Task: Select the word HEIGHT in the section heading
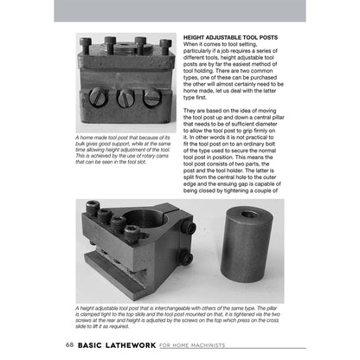pyautogui.click(x=197, y=38)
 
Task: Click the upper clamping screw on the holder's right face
pyautogui.click(x=188, y=228)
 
